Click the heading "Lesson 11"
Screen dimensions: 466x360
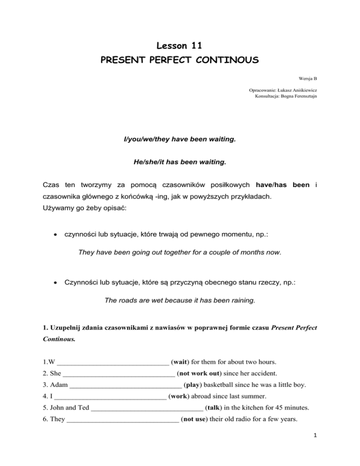click(x=180, y=45)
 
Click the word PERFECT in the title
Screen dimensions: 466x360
click(x=180, y=61)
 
